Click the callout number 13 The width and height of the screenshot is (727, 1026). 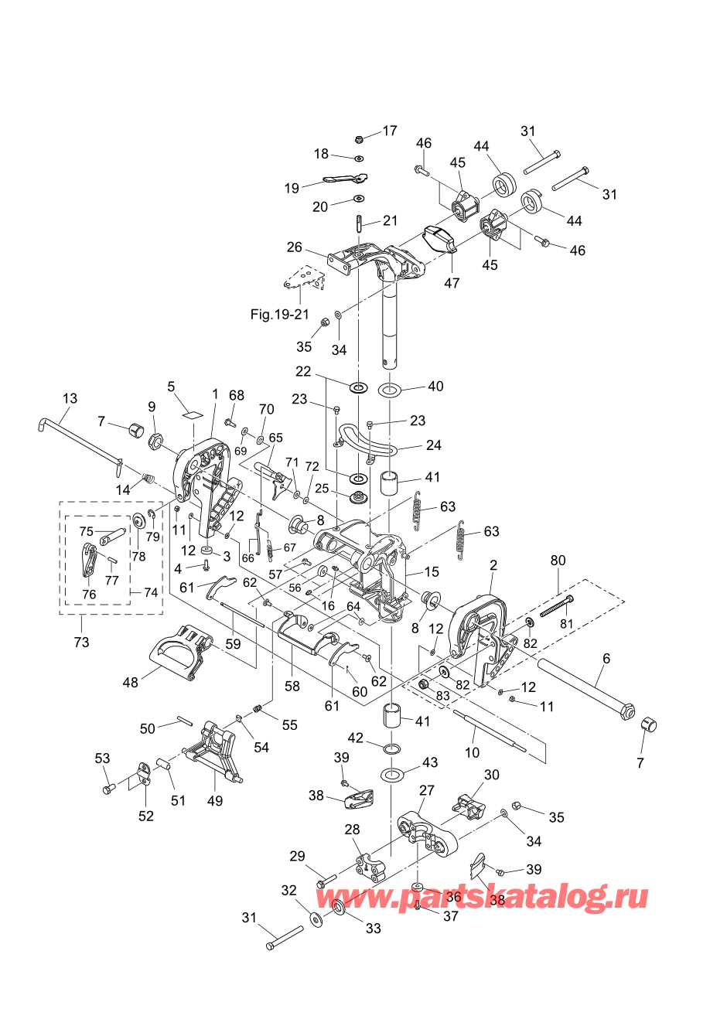pyautogui.click(x=70, y=398)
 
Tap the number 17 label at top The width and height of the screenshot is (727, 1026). pyautogui.click(x=390, y=131)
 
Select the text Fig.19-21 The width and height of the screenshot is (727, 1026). pyautogui.click(x=279, y=314)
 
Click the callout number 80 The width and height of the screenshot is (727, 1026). pyautogui.click(x=558, y=561)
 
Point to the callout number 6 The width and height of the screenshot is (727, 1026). pyautogui.click(x=606, y=659)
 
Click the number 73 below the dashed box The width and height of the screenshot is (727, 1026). pyautogui.click(x=81, y=643)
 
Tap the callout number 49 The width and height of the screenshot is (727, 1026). pyautogui.click(x=215, y=801)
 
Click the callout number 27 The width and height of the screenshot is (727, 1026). pyautogui.click(x=426, y=791)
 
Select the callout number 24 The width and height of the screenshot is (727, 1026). pyautogui.click(x=434, y=445)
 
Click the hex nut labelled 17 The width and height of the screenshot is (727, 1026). pyautogui.click(x=359, y=139)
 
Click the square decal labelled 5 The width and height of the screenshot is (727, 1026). pyautogui.click(x=193, y=414)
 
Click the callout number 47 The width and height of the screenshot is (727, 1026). pyautogui.click(x=452, y=283)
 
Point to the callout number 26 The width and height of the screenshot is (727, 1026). pyautogui.click(x=295, y=247)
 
